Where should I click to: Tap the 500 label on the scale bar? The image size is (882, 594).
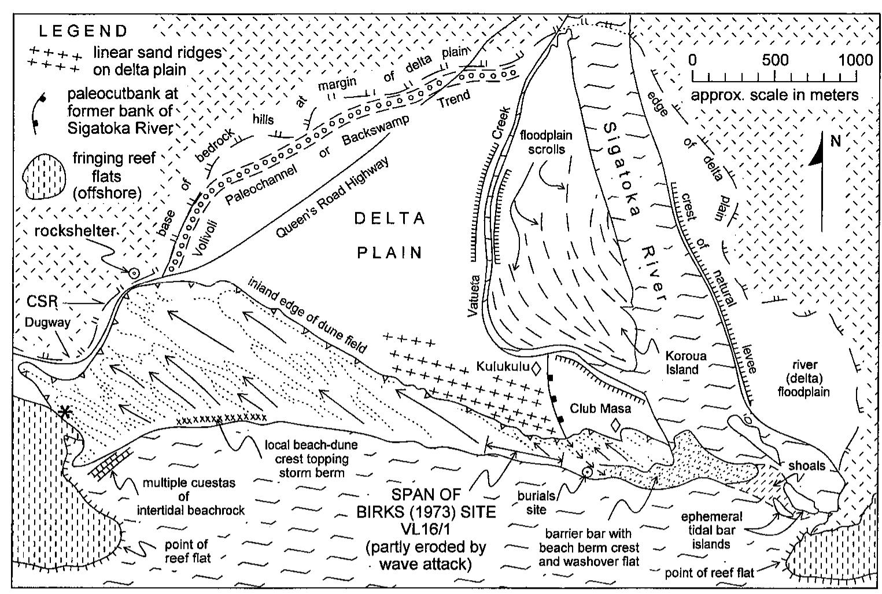coord(774,60)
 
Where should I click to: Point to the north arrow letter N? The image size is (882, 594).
coord(835,141)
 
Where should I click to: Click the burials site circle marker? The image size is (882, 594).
coord(586,472)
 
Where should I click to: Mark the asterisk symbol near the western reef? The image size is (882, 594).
coord(65,412)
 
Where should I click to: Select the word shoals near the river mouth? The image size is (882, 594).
coord(806,465)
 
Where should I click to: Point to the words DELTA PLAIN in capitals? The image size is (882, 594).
coord(389,235)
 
